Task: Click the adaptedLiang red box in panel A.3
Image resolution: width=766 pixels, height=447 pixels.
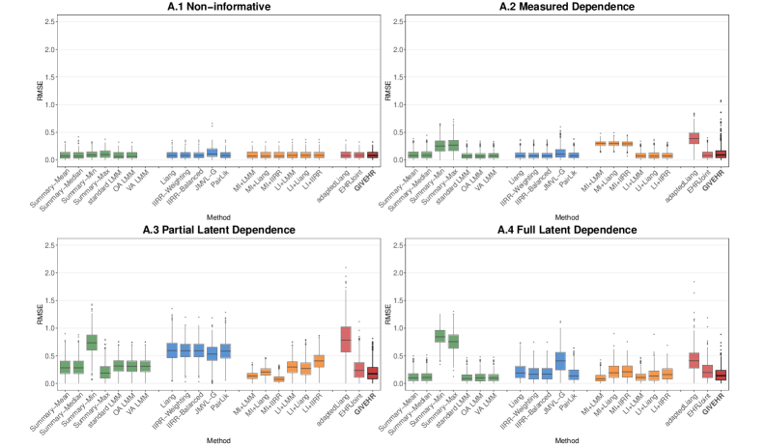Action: [345, 339]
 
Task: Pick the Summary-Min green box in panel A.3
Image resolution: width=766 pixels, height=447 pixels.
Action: [92, 342]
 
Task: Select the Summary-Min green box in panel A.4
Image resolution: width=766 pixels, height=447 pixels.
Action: [467, 336]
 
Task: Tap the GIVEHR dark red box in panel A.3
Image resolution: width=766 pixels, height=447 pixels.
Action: [372, 373]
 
